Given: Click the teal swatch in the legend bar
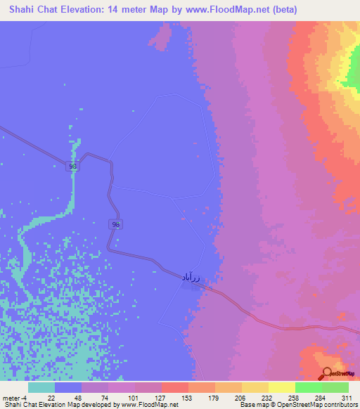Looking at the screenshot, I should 41,387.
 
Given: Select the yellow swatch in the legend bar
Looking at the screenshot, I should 281,387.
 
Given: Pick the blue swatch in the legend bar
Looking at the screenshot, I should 68,387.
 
